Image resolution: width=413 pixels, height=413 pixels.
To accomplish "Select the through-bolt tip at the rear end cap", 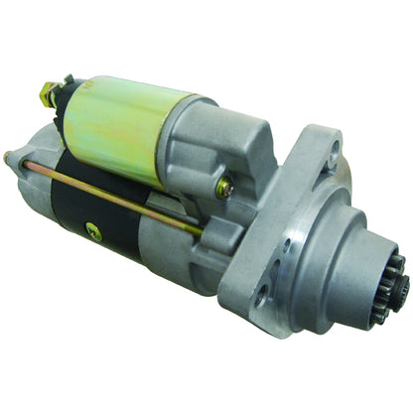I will (10, 156).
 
